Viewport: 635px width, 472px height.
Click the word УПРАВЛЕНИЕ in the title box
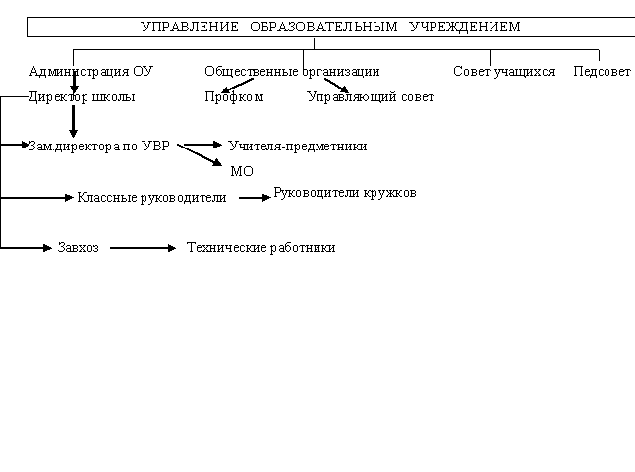coord(190,27)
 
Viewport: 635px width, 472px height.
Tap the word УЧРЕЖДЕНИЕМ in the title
coord(465,27)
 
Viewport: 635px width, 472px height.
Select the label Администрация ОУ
coord(91,72)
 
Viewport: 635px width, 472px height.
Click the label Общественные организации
coord(292,72)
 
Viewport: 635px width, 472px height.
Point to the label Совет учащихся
coord(504,72)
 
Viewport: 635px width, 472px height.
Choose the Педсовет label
coord(602,72)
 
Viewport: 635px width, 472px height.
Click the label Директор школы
coord(82,97)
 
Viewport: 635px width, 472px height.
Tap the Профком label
coord(234,97)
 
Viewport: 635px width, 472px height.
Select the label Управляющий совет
coord(371,97)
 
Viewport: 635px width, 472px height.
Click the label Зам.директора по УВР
coord(99,146)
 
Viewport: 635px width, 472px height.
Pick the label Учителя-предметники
coord(298,146)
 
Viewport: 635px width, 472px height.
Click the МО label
coord(242,171)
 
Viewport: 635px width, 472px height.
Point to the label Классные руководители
coord(151,198)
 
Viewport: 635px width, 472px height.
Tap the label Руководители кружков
coord(345,193)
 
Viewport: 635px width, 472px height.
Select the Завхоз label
coord(79,247)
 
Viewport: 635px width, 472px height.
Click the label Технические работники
coord(260,247)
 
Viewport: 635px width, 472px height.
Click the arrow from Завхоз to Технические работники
coord(143,248)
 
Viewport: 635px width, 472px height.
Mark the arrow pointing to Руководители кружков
coord(255,198)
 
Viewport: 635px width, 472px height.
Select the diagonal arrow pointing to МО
coord(200,155)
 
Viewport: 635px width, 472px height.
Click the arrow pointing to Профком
coord(238,86)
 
